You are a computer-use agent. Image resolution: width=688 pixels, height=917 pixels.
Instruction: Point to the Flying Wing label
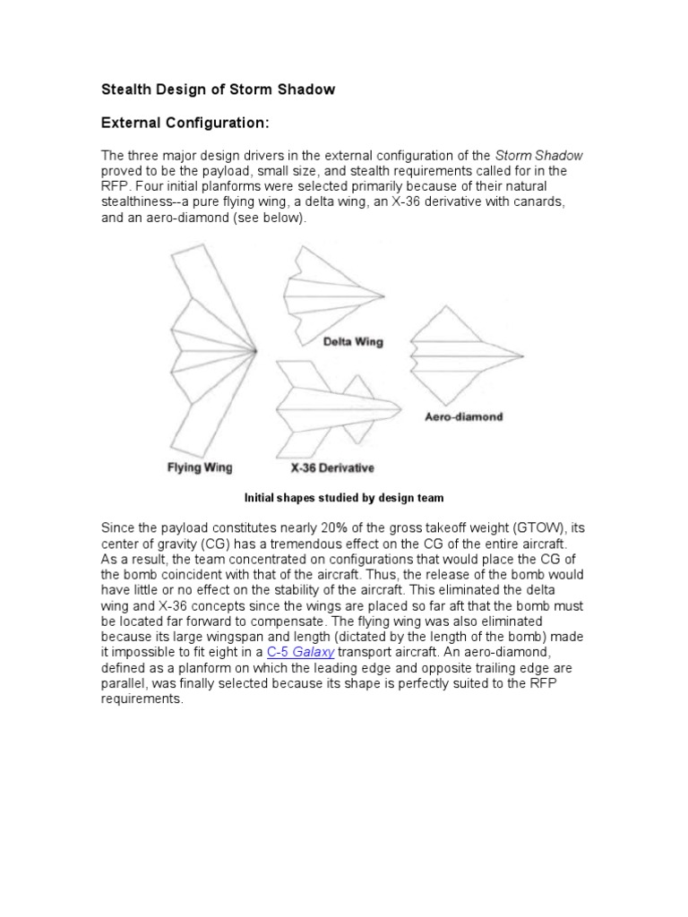pos(200,467)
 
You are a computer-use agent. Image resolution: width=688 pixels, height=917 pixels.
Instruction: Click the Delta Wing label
pos(352,341)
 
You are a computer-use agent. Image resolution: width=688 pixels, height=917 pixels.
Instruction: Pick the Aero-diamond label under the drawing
pos(463,416)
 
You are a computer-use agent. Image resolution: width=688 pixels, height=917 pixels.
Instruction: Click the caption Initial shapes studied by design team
pos(344,497)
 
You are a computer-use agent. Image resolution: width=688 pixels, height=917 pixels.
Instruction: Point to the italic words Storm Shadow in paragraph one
pos(538,155)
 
